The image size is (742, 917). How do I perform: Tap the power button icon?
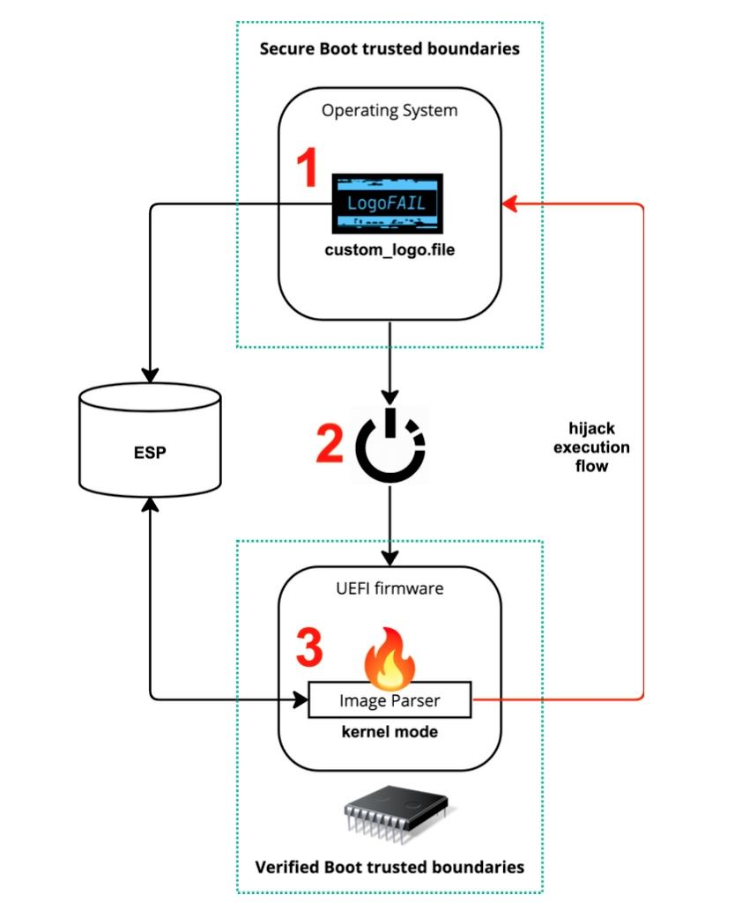390,443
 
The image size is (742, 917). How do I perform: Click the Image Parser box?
390,700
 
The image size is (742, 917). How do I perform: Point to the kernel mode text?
390,732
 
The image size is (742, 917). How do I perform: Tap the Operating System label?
389,111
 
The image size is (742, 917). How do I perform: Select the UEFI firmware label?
389,588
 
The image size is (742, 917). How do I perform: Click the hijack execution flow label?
597,447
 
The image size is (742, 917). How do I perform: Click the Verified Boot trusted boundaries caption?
390,867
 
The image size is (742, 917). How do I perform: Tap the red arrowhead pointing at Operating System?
508,204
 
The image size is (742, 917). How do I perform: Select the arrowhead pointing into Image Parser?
300,700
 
